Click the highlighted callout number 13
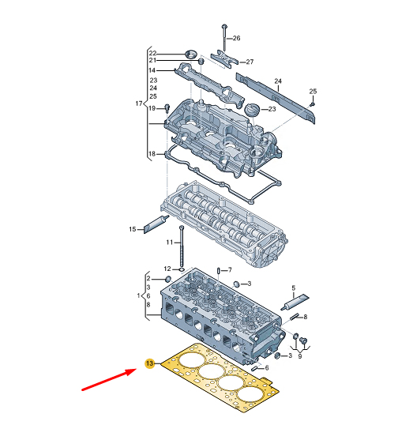(148, 363)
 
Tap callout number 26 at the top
(236, 38)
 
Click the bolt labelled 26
(224, 35)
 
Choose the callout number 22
(153, 53)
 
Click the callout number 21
(153, 61)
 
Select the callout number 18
(152, 152)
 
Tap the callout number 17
(138, 103)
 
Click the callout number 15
(133, 229)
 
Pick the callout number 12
(167, 269)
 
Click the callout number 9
(299, 356)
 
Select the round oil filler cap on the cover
(251, 108)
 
